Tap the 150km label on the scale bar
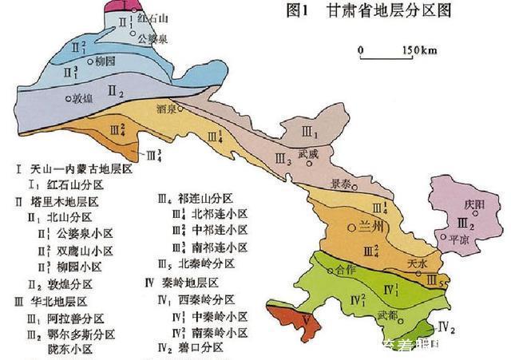point(419,51)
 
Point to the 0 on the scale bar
point(361,51)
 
